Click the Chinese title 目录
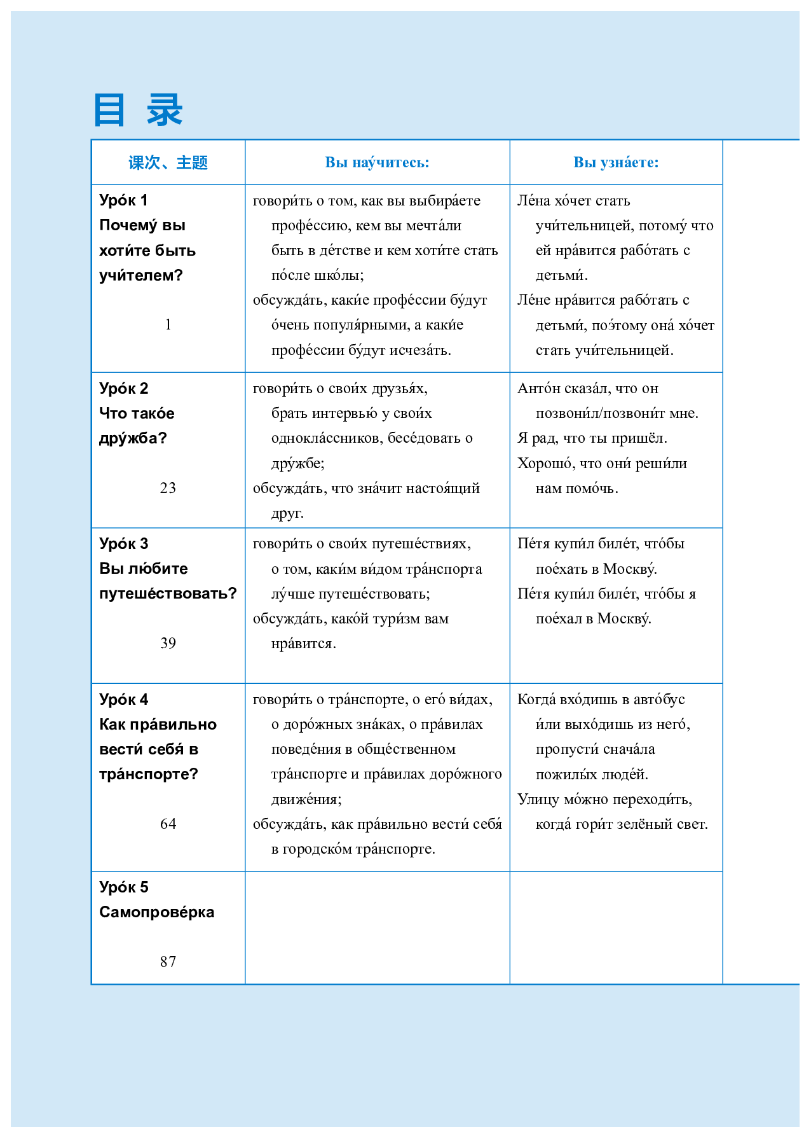tap(138, 110)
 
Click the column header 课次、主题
tap(168, 163)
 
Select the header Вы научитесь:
tap(377, 163)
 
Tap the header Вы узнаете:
tap(616, 163)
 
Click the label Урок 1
tap(123, 200)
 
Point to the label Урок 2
tap(123, 388)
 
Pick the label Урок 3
tap(123, 544)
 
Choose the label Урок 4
tap(123, 700)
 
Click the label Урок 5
tap(123, 887)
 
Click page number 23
tap(168, 488)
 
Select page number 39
tap(168, 643)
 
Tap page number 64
tap(168, 824)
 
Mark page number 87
tap(168, 962)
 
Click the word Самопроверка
tap(156, 912)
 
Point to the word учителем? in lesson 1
tap(140, 275)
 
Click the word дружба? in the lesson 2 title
tap(133, 438)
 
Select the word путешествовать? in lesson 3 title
tap(168, 593)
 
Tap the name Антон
tap(538, 388)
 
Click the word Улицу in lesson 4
tap(537, 799)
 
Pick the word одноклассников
tap(325, 438)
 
